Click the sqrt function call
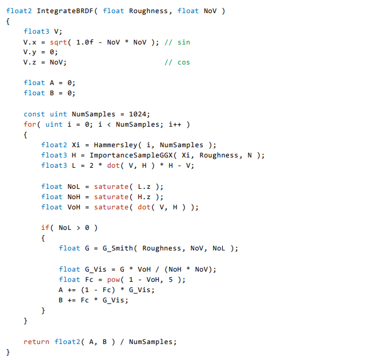pos(58,42)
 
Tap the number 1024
pos(139,114)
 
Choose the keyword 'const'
pos(34,114)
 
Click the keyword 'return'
pos(37,342)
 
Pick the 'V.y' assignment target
pos(30,52)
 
